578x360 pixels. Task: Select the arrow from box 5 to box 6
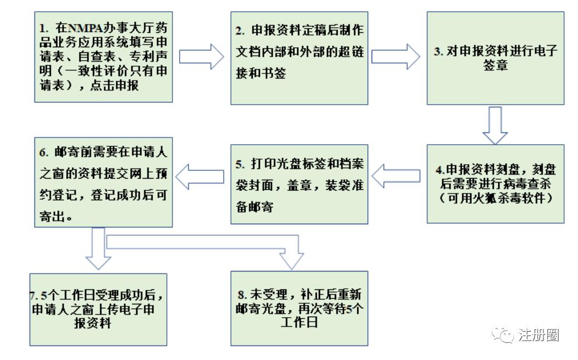click(x=201, y=177)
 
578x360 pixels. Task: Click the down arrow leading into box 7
click(x=98, y=250)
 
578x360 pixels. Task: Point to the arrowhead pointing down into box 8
click(x=293, y=259)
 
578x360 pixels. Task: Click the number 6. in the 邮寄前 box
click(x=45, y=151)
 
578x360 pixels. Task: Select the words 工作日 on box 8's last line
click(x=300, y=322)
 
